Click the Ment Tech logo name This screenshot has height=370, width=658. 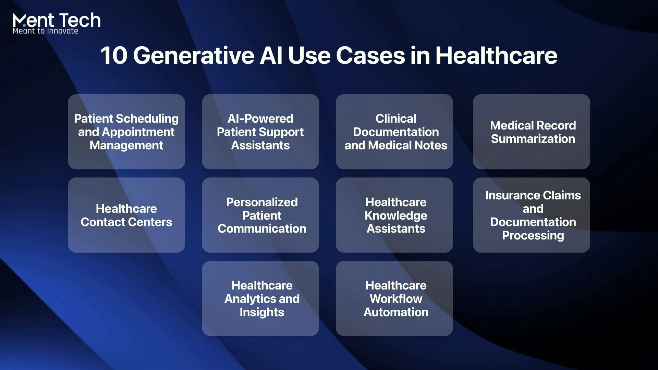point(57,20)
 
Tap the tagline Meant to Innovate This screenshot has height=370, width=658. point(45,31)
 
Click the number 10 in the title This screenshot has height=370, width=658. point(114,56)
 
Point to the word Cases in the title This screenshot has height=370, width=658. point(370,56)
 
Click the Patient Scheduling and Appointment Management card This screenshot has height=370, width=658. point(126,132)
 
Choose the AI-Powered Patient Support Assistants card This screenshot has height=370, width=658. point(260,132)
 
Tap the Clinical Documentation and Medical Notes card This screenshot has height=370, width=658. point(394,132)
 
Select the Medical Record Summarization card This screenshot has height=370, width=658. point(532,132)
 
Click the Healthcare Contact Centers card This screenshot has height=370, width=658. point(126,215)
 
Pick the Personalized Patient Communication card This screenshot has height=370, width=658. point(260,215)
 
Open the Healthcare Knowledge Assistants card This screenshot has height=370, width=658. point(394,215)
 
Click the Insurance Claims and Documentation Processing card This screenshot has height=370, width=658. point(532,215)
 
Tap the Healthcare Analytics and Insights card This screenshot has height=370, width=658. point(260,298)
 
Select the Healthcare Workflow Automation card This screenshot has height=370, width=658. point(394,298)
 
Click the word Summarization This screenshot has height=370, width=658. point(533,139)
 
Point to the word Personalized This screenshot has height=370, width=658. point(262,202)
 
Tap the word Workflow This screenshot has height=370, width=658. point(396,299)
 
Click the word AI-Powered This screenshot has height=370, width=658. point(260,119)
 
